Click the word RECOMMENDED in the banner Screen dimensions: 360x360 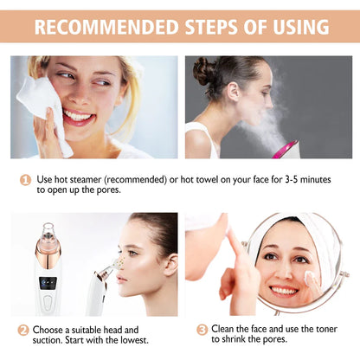[104, 27]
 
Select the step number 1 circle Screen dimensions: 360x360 [26, 179]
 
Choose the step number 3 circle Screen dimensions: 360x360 [202, 331]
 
